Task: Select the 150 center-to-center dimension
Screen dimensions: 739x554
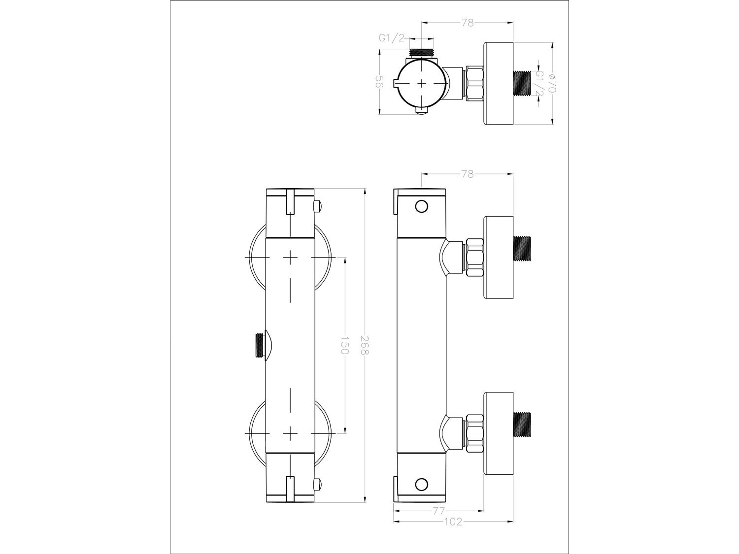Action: point(345,345)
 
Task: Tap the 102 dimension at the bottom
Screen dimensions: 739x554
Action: point(453,531)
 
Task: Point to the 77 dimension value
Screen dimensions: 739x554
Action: point(438,520)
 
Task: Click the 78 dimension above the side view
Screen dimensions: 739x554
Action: point(468,174)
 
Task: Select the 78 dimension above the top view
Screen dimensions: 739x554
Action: point(468,23)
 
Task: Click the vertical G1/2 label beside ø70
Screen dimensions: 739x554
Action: point(539,83)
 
